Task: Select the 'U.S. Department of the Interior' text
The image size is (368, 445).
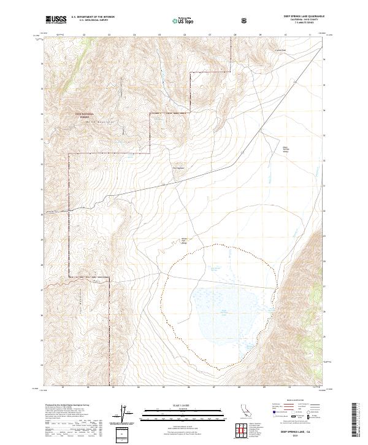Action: (x=92, y=17)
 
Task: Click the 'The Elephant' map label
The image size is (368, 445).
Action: (x=178, y=169)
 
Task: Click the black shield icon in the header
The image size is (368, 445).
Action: (x=245, y=20)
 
